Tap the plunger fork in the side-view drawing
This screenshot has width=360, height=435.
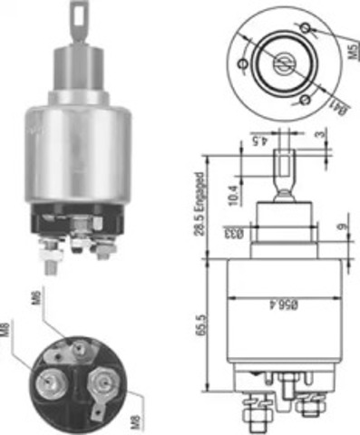[282, 168]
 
